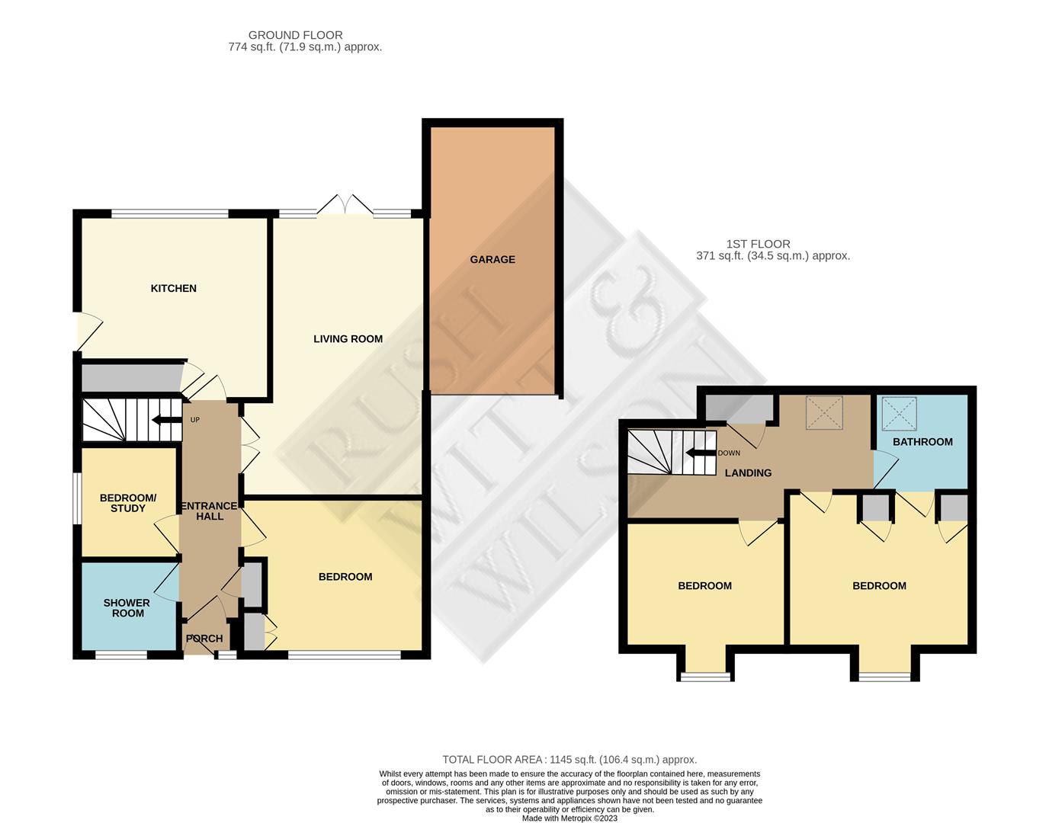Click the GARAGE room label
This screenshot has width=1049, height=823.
click(492, 260)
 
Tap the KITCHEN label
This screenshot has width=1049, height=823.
click(174, 289)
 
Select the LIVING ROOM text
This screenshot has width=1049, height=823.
click(348, 339)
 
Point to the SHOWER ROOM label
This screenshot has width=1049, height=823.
click(127, 608)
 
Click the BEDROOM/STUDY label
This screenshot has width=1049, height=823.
click(128, 503)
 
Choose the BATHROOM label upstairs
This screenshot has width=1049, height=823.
click(922, 442)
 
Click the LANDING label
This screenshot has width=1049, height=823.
click(749, 473)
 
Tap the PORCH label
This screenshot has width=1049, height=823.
click(204, 639)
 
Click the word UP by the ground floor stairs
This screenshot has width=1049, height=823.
click(195, 420)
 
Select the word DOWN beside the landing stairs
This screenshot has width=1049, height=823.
click(729, 453)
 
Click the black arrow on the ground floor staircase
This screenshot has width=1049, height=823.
click(167, 419)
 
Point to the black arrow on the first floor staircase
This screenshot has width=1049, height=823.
click(701, 453)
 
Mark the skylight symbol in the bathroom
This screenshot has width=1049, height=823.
click(900, 414)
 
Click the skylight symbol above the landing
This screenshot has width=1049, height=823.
click(825, 413)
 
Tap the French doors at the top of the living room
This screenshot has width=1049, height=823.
click(345, 204)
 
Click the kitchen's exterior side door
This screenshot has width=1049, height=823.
click(90, 331)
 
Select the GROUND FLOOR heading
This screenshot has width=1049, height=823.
click(296, 35)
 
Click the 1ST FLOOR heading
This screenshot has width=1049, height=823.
click(759, 244)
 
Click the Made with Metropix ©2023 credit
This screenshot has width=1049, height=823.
click(569, 818)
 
